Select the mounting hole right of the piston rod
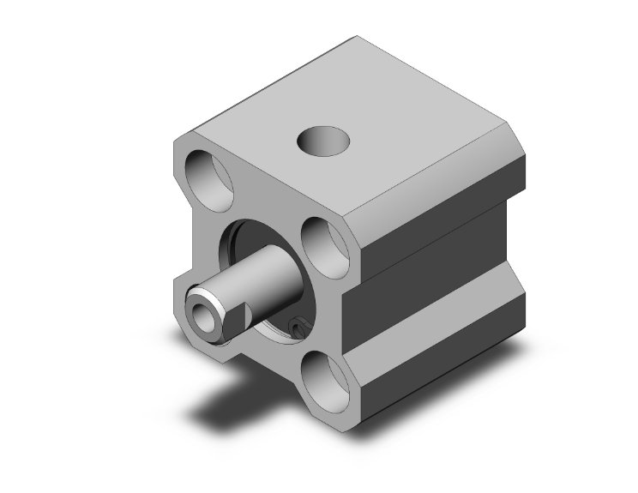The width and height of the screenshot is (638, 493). point(327,247)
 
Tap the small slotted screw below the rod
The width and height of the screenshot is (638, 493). point(298,327)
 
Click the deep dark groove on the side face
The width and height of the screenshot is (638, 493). point(437,287)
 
